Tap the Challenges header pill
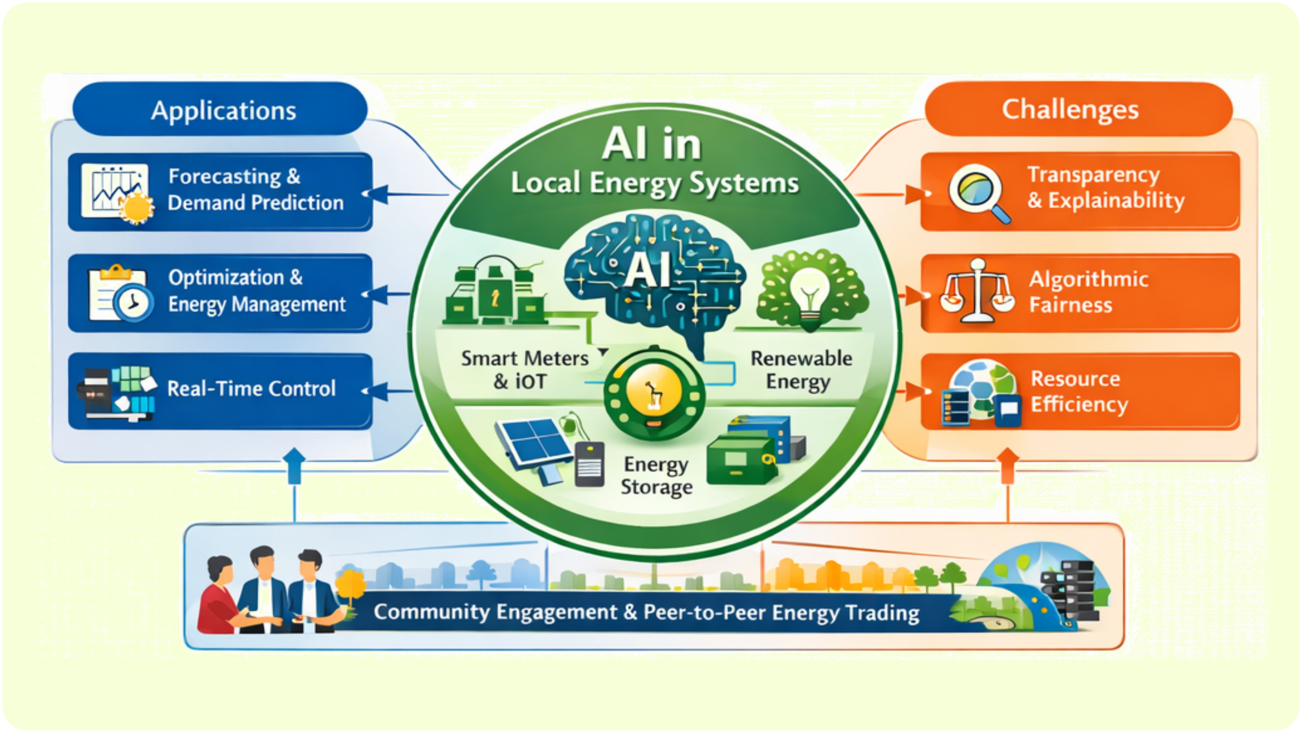click(1078, 109)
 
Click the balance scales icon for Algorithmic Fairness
click(977, 292)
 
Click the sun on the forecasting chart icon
click(135, 208)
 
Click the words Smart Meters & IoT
click(524, 370)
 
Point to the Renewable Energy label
click(801, 370)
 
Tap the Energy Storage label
click(656, 475)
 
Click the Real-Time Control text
click(251, 389)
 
